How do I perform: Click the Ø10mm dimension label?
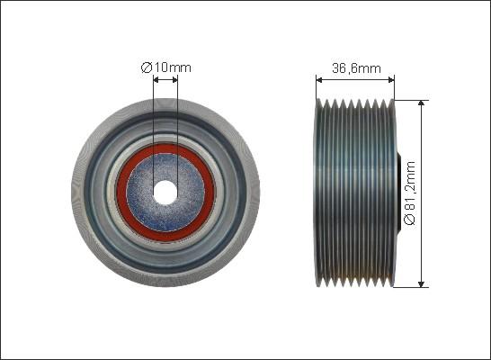click(166, 67)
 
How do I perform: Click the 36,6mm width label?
click(356, 68)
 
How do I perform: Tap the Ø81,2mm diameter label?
click(410, 193)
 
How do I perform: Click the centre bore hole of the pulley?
click(165, 193)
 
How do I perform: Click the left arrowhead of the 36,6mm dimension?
click(319, 80)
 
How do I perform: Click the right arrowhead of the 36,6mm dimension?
click(391, 80)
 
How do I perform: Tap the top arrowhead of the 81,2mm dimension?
click(422, 103)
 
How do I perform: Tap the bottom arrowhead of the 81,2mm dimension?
click(422, 283)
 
